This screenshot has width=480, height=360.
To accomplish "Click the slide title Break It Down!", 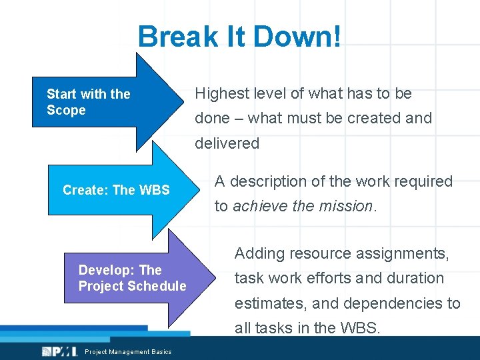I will pos(239,37).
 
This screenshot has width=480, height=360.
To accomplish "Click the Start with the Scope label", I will pos(88,102).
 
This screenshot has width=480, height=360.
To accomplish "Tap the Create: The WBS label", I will pos(116,190).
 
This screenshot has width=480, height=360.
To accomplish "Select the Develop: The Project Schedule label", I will pos(132,278).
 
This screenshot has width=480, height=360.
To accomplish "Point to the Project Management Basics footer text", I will pos(128,352).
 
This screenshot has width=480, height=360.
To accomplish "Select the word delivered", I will pos(227,143).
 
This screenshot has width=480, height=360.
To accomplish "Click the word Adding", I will pos(259,253).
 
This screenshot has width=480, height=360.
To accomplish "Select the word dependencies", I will pos(394,303).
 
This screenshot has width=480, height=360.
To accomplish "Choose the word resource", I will pos(318,253).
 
